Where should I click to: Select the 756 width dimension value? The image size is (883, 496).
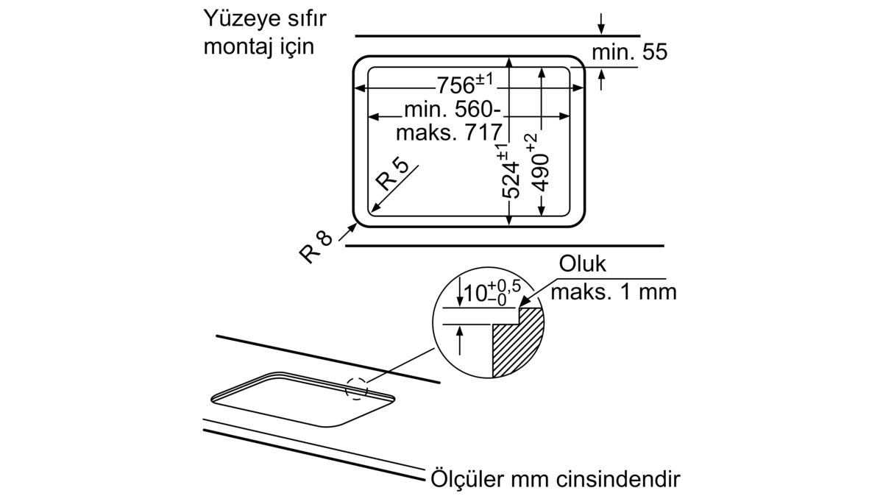pos(455,85)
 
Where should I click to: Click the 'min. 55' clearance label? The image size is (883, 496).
pos(630,52)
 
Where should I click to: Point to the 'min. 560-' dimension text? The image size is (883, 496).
pos(453,110)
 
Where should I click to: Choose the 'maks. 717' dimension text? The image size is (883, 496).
pos(449,132)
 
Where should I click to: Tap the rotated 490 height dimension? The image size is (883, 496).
pos(539,172)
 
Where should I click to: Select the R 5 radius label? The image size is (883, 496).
pos(393,174)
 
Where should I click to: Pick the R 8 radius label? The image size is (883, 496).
pos(316,247)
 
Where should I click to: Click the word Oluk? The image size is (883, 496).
pos(582,264)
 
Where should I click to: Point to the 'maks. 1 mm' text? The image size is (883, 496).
pos(614,292)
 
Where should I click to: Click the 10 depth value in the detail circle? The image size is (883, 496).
pos(475,294)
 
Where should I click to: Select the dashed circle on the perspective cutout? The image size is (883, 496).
pos(356,388)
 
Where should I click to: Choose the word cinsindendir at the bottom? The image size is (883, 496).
pos(619,479)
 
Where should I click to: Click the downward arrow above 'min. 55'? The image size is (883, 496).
pos(601,24)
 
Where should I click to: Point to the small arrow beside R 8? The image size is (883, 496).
pos(347,232)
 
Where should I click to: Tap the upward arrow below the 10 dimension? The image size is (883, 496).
pos(459,341)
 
